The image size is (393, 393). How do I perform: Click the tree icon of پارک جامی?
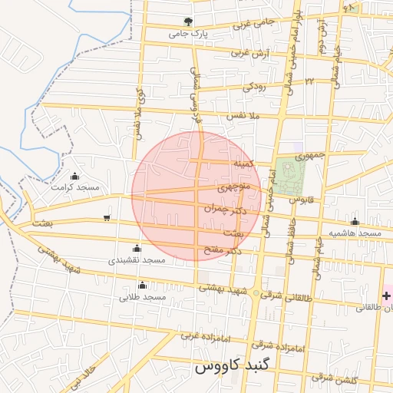click(188, 21)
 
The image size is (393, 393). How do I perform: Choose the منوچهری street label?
click(233, 187)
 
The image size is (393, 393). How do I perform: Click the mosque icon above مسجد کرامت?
click(74, 176)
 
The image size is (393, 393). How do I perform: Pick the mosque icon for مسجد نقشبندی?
click(137, 247)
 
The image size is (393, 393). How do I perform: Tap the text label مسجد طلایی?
click(144, 296)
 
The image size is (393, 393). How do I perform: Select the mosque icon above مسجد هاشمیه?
click(354, 221)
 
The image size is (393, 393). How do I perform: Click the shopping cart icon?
click(106, 218)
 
